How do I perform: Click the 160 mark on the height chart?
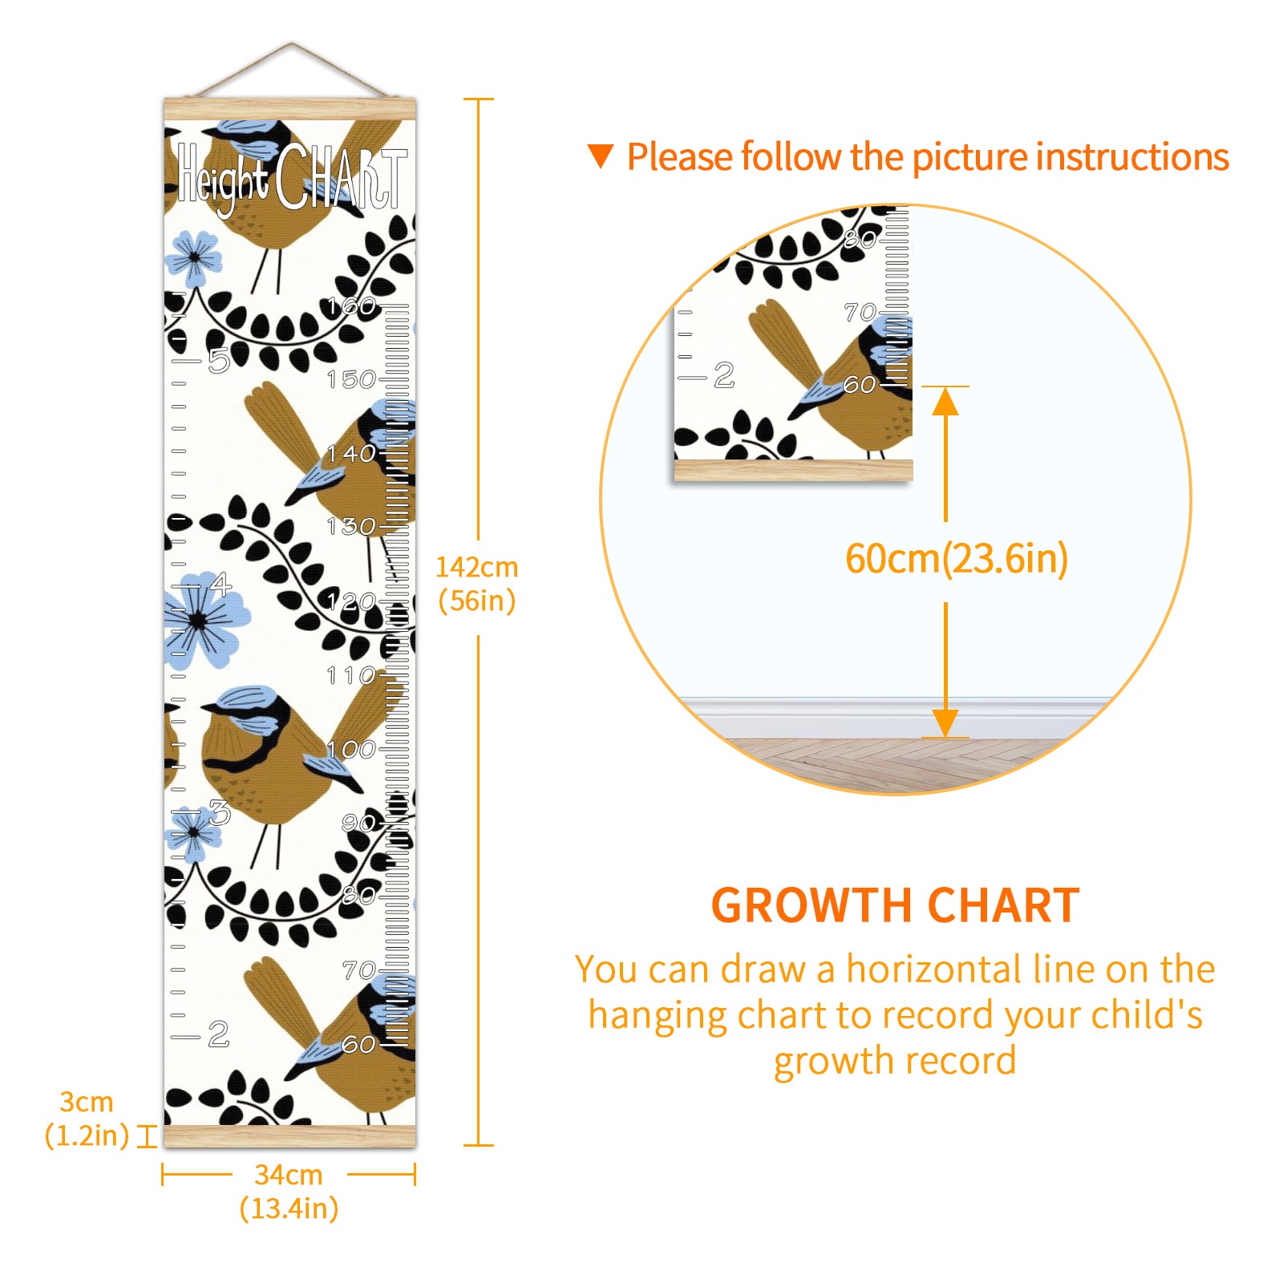click(x=352, y=306)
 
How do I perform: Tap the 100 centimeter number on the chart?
click(x=352, y=749)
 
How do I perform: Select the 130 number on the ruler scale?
click(x=352, y=527)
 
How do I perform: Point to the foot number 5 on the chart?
click(x=219, y=361)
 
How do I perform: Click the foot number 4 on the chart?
click(x=221, y=585)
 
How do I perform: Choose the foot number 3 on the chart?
click(x=220, y=812)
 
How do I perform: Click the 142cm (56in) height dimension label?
click(x=477, y=584)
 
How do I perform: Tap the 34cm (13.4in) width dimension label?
click(x=289, y=1192)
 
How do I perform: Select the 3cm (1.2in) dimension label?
click(x=87, y=1119)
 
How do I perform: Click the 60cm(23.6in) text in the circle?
click(x=957, y=559)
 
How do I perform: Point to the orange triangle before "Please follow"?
click(x=601, y=156)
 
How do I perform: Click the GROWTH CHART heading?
click(x=896, y=906)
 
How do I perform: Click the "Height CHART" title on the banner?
click(x=292, y=179)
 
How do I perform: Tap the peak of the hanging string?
click(x=292, y=44)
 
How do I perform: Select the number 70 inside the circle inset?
click(x=860, y=312)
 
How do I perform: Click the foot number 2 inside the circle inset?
click(x=724, y=375)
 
